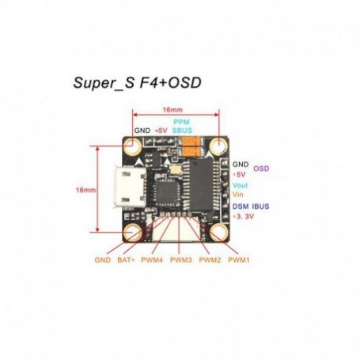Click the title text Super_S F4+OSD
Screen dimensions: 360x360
(x=137, y=83)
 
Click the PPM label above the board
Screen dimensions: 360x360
(x=181, y=122)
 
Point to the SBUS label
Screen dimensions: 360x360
(x=182, y=131)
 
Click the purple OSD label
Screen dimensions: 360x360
(x=261, y=169)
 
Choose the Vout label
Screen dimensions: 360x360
(x=240, y=185)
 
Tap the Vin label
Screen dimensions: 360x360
(x=237, y=195)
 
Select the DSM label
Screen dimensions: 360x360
(x=241, y=207)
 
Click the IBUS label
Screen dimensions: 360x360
(x=260, y=207)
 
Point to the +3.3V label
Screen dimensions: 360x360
(x=243, y=217)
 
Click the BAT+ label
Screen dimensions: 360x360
(x=126, y=260)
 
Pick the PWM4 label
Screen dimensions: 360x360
(x=152, y=260)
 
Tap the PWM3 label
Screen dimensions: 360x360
(x=181, y=260)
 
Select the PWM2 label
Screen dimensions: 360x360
(x=210, y=260)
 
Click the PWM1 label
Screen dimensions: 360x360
(x=239, y=260)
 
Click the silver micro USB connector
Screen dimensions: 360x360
(x=130, y=187)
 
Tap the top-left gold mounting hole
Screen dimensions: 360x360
(x=134, y=146)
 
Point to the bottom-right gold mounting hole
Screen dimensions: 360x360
(x=219, y=232)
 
